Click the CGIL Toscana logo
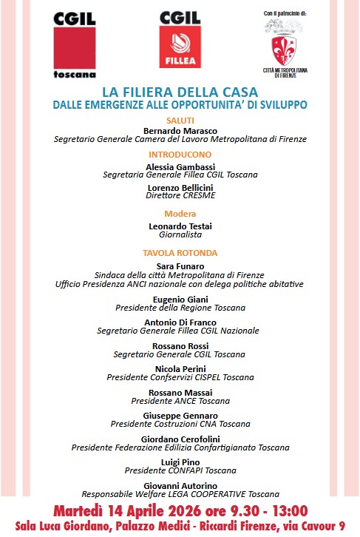coord(75,44)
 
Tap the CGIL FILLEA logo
coord(180,40)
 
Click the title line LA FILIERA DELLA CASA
coord(180,93)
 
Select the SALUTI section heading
coord(180,119)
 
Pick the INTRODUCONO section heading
coord(180,155)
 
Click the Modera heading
coord(180,214)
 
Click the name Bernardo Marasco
coord(180,129)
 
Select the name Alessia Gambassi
coord(180,166)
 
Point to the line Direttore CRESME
coord(180,197)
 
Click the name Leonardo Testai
coord(180,226)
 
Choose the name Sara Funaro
coord(180,266)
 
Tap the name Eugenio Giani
coord(180,298)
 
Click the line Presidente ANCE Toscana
coord(180,401)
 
